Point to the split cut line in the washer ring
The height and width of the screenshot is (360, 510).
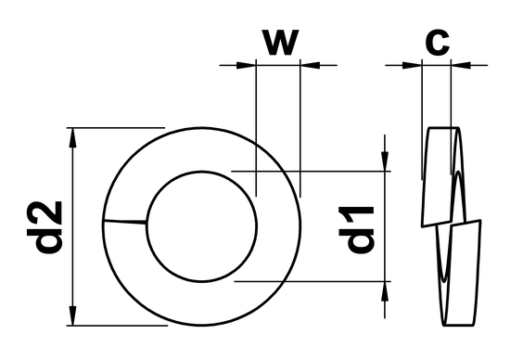123,222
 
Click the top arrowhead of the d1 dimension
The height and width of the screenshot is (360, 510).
383,162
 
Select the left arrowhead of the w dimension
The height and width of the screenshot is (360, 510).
246,65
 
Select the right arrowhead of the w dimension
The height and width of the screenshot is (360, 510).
309,65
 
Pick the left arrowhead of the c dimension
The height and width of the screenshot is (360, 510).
414,65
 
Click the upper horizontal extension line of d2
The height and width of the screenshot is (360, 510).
116,127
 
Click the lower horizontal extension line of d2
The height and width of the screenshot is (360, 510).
116,326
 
